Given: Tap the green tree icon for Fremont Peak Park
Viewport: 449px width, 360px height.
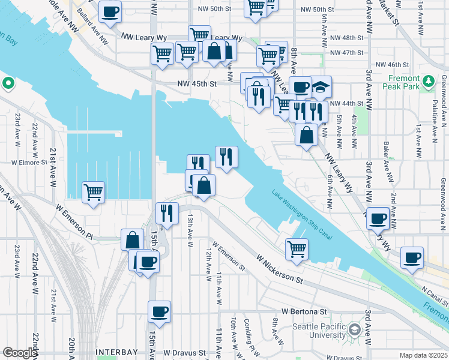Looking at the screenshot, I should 429,80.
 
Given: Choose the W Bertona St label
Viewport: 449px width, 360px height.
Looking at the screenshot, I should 304,312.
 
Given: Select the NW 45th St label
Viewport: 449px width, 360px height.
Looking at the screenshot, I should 196,84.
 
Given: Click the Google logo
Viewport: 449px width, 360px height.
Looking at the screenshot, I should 19,353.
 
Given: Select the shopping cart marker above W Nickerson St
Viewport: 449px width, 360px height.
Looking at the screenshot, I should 297,248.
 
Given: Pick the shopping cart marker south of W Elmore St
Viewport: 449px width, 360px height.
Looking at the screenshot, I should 93,192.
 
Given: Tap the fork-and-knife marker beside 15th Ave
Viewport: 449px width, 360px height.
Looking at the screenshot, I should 166,212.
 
